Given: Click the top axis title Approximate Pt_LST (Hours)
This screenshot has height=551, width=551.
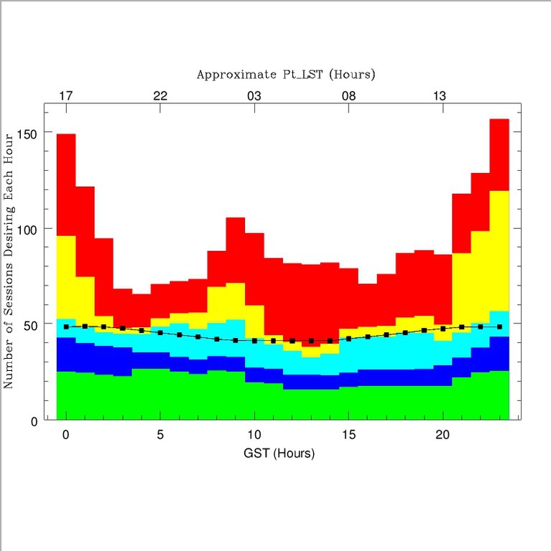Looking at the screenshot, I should (286, 75).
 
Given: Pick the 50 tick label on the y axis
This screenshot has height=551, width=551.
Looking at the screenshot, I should (29, 324).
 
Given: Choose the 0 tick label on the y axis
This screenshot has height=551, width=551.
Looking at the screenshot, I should (32, 421).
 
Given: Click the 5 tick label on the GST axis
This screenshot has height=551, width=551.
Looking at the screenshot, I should (160, 435).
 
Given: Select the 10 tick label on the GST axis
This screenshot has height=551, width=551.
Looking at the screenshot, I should (254, 435).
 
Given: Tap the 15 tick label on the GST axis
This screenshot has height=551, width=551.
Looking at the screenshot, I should (348, 435).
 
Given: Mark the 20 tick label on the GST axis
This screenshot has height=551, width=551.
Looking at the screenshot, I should (443, 435).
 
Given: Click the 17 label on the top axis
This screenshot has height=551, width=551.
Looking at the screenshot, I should (65, 96).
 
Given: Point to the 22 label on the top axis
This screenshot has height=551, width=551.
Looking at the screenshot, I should (160, 96).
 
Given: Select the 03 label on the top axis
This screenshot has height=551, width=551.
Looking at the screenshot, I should (254, 96).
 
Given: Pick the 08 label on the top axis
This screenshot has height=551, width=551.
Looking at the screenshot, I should (348, 96).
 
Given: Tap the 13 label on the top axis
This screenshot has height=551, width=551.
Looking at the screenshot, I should (443, 96).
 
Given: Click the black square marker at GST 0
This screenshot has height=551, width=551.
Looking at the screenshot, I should (66, 326).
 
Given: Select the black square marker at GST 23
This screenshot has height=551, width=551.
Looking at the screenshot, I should (499, 326).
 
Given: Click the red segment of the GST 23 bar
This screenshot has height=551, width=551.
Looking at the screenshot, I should (499, 154).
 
